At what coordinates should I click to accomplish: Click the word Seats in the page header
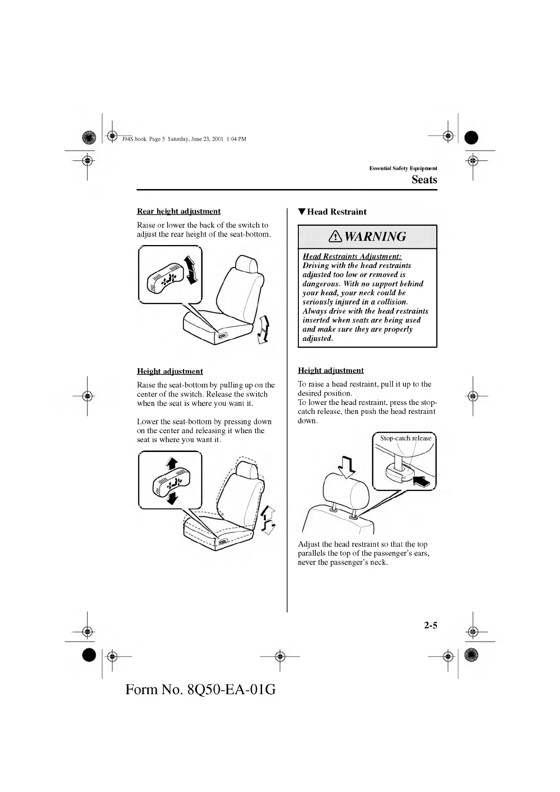(424, 179)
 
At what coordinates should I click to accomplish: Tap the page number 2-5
(430, 625)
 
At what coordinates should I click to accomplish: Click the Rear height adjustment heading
(178, 211)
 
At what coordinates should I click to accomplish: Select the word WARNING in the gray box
(375, 237)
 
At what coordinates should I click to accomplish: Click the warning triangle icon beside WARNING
(337, 237)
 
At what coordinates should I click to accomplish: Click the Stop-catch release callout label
(405, 438)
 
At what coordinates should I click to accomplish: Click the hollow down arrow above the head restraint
(347, 467)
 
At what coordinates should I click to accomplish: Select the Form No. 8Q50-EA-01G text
(200, 689)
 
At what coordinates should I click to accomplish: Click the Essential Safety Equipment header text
(403, 168)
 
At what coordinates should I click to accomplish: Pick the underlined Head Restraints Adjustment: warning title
(352, 256)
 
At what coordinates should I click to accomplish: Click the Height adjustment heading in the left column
(170, 371)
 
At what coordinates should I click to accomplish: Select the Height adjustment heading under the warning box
(330, 370)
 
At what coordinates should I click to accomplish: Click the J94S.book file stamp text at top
(184, 139)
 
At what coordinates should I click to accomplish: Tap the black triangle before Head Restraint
(302, 212)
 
